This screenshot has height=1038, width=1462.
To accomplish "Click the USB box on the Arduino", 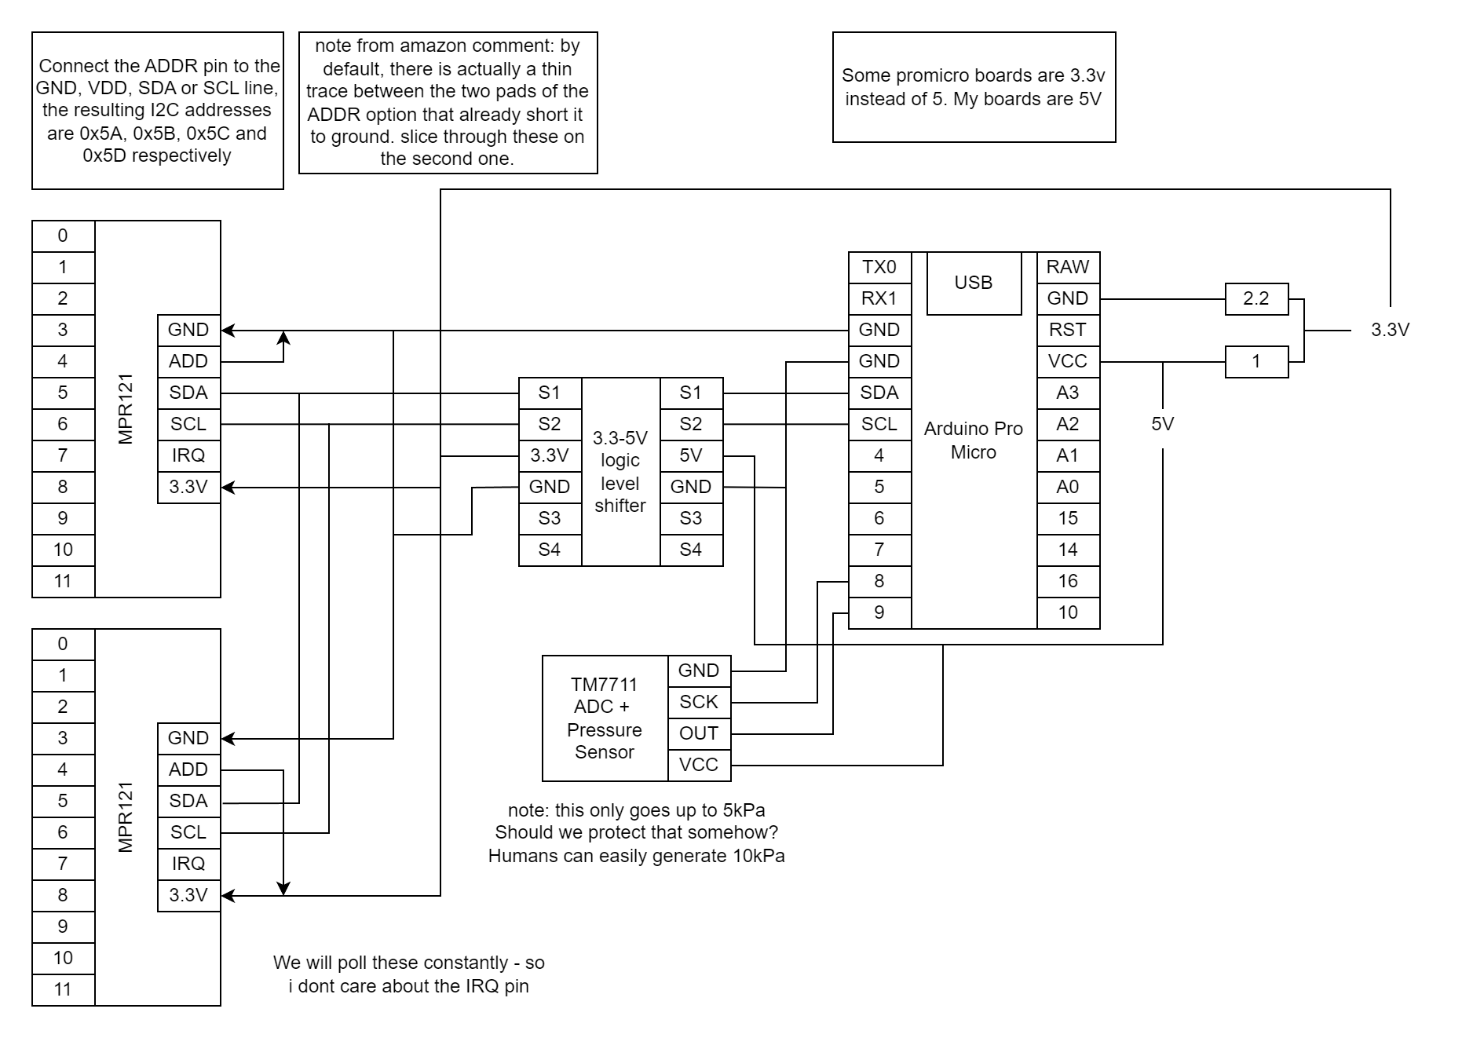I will (x=974, y=283).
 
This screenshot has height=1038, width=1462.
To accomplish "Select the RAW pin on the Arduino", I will (x=1068, y=267).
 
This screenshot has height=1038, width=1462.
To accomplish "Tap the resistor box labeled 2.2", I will (x=1256, y=298).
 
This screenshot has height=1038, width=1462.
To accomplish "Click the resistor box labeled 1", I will (x=1256, y=361).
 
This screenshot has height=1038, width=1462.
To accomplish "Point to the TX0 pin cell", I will (x=879, y=267).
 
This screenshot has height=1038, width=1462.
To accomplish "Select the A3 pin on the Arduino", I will (x=1068, y=393).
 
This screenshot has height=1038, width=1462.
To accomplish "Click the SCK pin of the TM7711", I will (x=699, y=702).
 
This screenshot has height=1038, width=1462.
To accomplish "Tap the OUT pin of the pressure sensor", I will (x=699, y=733).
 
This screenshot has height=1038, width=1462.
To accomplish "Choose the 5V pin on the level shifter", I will (x=691, y=455).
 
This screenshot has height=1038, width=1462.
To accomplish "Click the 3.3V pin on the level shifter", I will (x=550, y=455).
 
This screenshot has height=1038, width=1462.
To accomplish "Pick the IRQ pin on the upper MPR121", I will (x=188, y=455).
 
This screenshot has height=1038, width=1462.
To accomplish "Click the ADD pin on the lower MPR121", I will (x=188, y=769).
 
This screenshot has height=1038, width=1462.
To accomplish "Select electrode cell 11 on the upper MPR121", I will (x=63, y=581).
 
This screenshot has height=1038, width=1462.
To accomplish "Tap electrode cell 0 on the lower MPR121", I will (x=63, y=644).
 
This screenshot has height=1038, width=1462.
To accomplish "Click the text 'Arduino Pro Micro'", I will (x=974, y=440).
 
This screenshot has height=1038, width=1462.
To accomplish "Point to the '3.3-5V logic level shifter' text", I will (x=620, y=472).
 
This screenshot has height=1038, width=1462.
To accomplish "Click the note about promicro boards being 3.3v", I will (x=974, y=87).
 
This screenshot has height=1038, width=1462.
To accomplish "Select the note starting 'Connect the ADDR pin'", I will (x=157, y=111).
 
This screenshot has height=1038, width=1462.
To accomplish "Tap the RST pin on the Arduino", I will (x=1068, y=330).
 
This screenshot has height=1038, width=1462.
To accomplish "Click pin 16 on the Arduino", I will (x=1068, y=581).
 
